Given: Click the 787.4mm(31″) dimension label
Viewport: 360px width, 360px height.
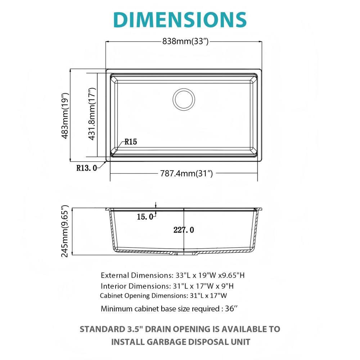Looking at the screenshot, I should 186,174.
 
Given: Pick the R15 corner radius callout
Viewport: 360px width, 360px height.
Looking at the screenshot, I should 131,142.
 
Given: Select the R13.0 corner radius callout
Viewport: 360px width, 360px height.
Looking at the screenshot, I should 86,167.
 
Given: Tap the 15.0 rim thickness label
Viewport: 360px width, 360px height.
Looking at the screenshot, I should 145,217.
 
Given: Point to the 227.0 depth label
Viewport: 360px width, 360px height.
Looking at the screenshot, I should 184,230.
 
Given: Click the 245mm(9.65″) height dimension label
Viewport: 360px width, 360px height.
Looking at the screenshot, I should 65,231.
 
